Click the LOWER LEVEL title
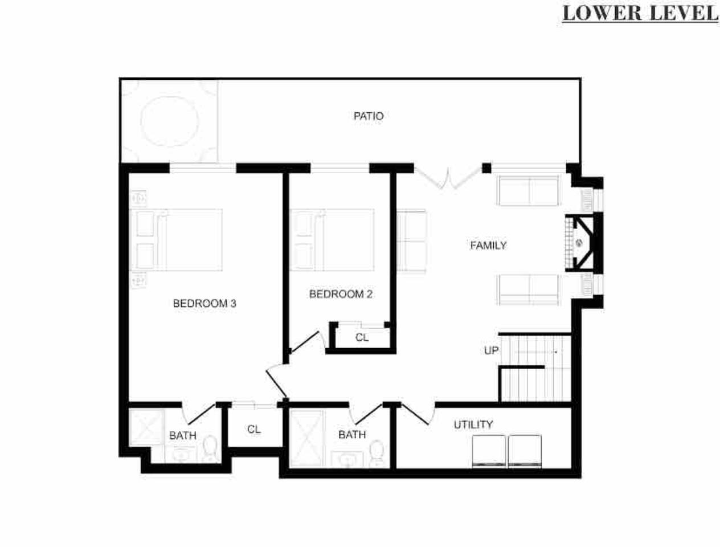640,14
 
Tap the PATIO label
369,116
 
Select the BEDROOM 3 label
204,303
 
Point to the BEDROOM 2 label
341,294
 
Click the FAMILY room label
488,246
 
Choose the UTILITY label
473,424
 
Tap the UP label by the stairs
491,350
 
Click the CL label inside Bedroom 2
362,337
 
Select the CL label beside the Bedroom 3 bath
254,429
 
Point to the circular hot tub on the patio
170,121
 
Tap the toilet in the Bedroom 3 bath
210,448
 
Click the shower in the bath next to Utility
306,438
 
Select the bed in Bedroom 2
332,240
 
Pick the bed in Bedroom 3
176,240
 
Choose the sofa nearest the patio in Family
528,191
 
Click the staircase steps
535,368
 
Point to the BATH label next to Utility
352,435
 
